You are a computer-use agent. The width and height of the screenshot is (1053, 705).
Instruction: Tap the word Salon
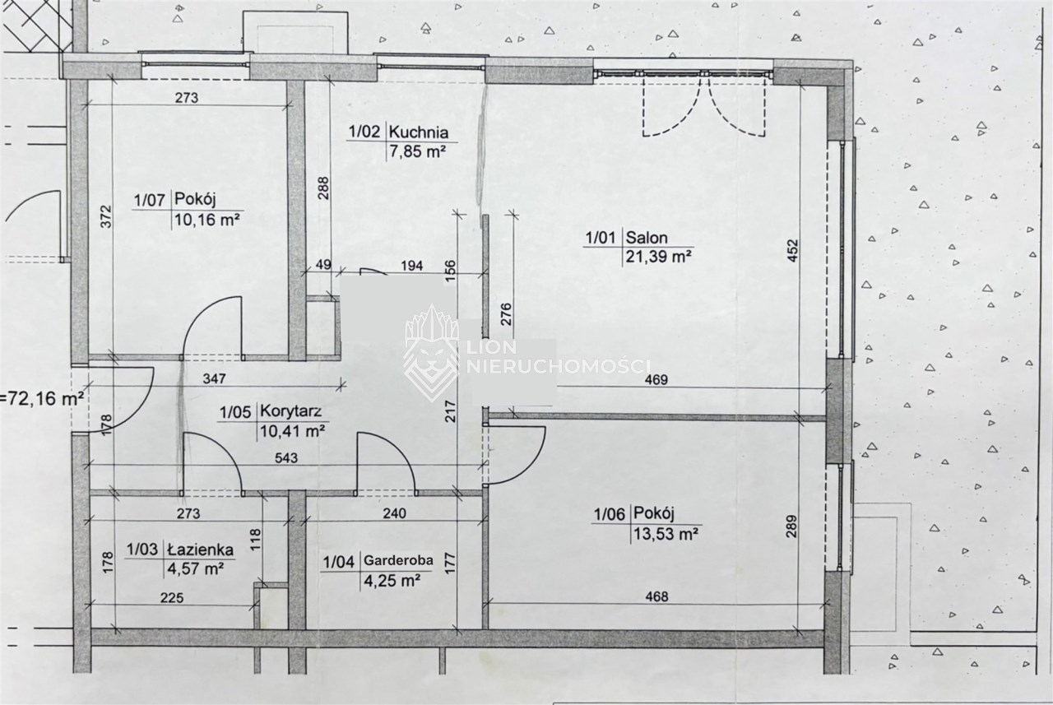[x=647, y=238]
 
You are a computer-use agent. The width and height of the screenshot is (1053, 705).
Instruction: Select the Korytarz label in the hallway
[x=291, y=411]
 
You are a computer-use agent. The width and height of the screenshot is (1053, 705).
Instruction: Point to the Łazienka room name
[x=200, y=549]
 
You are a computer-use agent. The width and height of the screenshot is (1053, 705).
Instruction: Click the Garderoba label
[x=398, y=560]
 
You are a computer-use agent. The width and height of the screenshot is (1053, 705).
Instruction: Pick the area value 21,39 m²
[x=658, y=257]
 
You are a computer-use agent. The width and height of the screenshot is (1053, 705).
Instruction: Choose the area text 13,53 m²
[x=666, y=534]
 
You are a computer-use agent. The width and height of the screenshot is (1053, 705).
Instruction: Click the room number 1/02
[x=364, y=131]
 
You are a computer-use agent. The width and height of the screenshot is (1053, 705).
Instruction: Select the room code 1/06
[x=610, y=515]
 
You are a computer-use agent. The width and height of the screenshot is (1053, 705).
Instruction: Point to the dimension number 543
[x=285, y=457]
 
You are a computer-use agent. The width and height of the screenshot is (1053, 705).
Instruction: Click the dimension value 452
[x=792, y=251]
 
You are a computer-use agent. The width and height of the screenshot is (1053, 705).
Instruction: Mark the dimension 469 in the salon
[x=656, y=379]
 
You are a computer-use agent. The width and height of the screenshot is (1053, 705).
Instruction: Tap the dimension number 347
[x=214, y=378]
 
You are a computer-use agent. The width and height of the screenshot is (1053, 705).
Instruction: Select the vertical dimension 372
[x=107, y=216]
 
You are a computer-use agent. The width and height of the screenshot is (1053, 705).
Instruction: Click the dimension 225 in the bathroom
[x=172, y=598]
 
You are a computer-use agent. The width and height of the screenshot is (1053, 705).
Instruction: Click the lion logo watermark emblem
[x=431, y=353]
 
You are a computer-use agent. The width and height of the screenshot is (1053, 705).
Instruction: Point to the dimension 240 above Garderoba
[x=394, y=513]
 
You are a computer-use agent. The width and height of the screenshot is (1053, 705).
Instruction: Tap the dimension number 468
[x=656, y=596]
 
